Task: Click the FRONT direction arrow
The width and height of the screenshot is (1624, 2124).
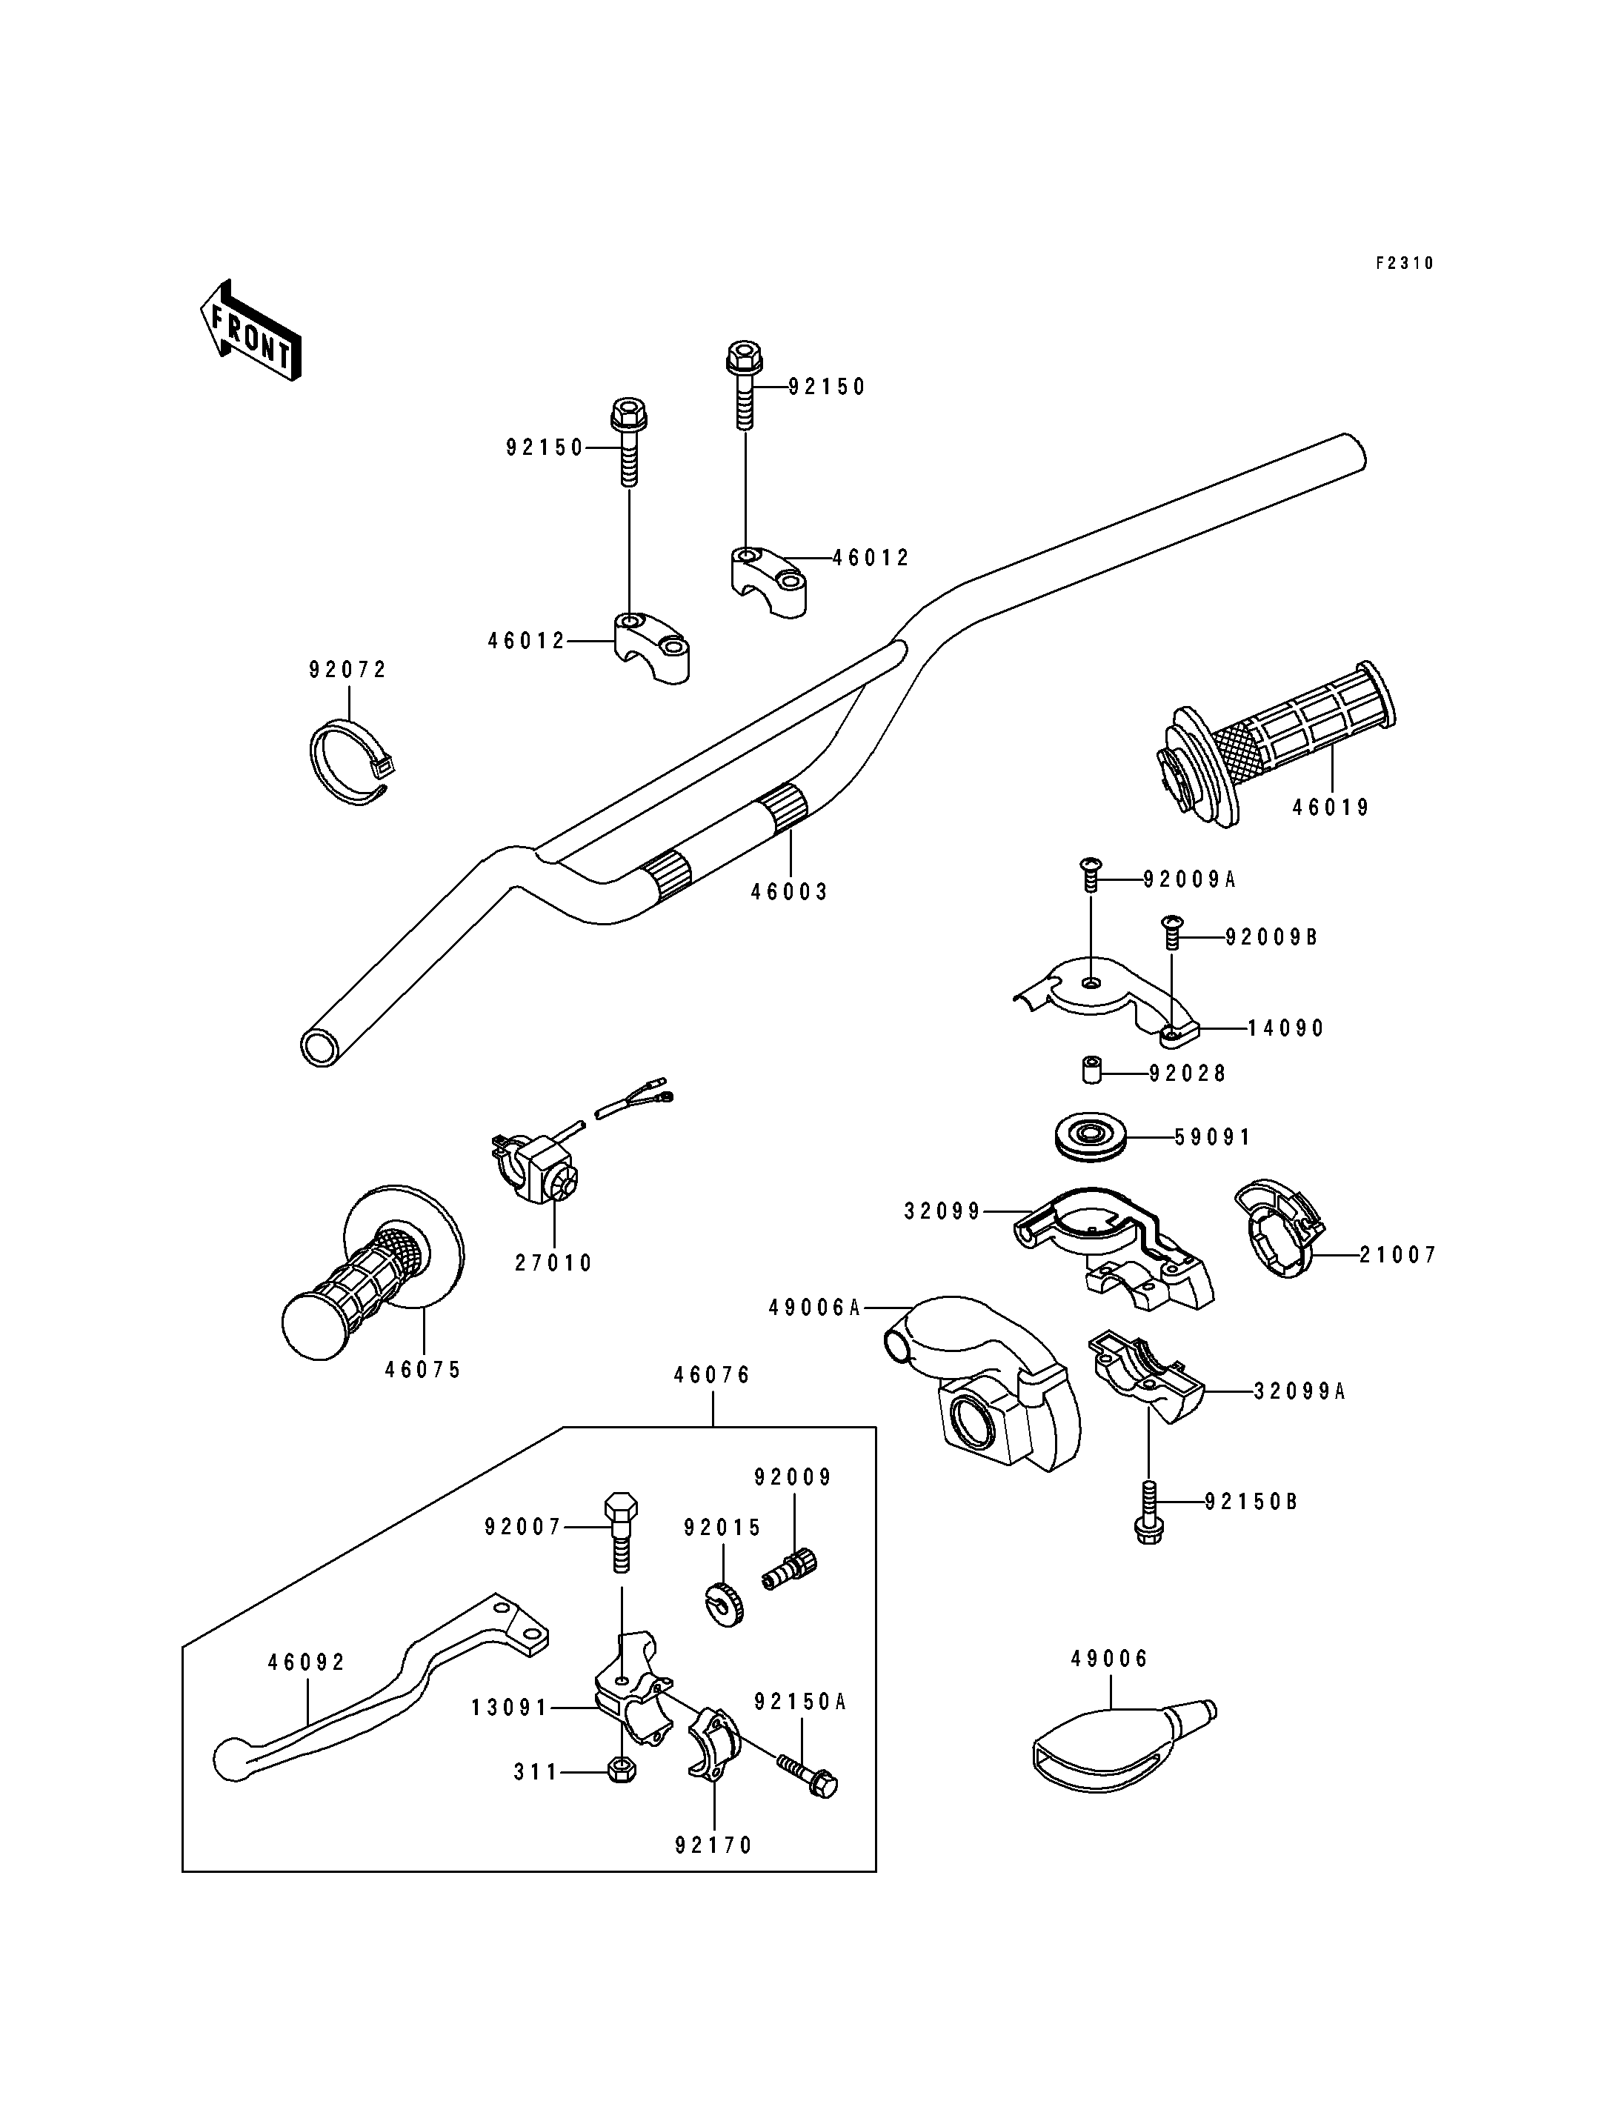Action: click(x=250, y=330)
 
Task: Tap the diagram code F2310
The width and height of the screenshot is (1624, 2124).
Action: click(x=1405, y=263)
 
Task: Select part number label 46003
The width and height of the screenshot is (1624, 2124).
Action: click(x=790, y=892)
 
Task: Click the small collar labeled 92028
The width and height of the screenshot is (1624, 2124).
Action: click(x=1091, y=1072)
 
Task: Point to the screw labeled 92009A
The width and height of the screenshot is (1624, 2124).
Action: click(x=1091, y=873)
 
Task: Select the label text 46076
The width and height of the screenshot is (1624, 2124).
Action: click(x=713, y=1376)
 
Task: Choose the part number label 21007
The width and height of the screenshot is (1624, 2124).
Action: click(x=1398, y=1255)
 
